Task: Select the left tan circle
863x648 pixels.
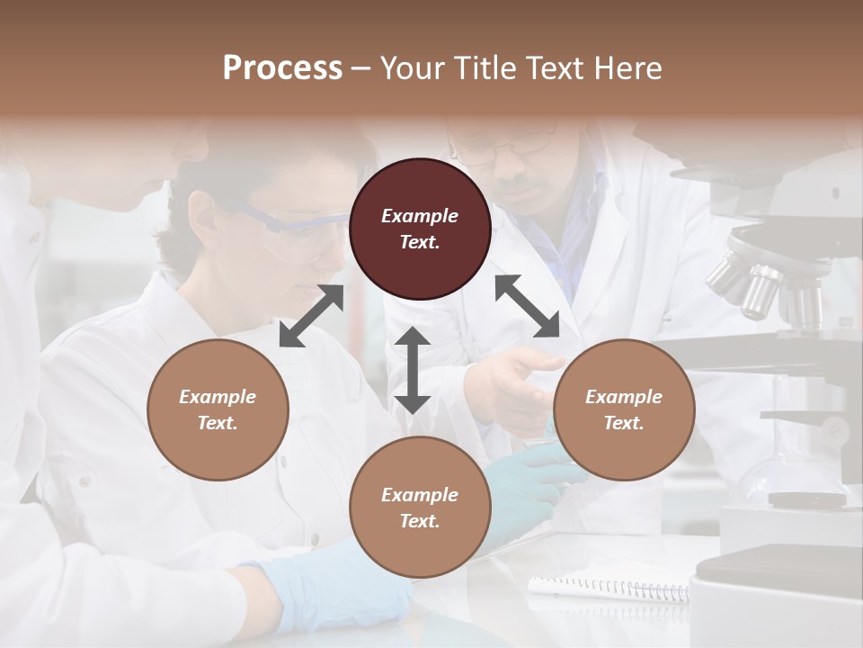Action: point(218,409)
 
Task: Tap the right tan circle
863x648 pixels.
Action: point(624,409)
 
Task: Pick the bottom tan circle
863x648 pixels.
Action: point(420,508)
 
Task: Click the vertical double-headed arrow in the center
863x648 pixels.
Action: point(413,370)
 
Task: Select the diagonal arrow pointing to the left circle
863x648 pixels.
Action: point(311,316)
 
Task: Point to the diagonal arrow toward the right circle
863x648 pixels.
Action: point(527,306)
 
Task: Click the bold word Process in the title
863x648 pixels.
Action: point(282,67)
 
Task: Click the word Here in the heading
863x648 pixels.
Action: point(629,67)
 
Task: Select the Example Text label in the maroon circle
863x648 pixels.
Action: point(420,229)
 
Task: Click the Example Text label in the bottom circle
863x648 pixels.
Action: point(420,508)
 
